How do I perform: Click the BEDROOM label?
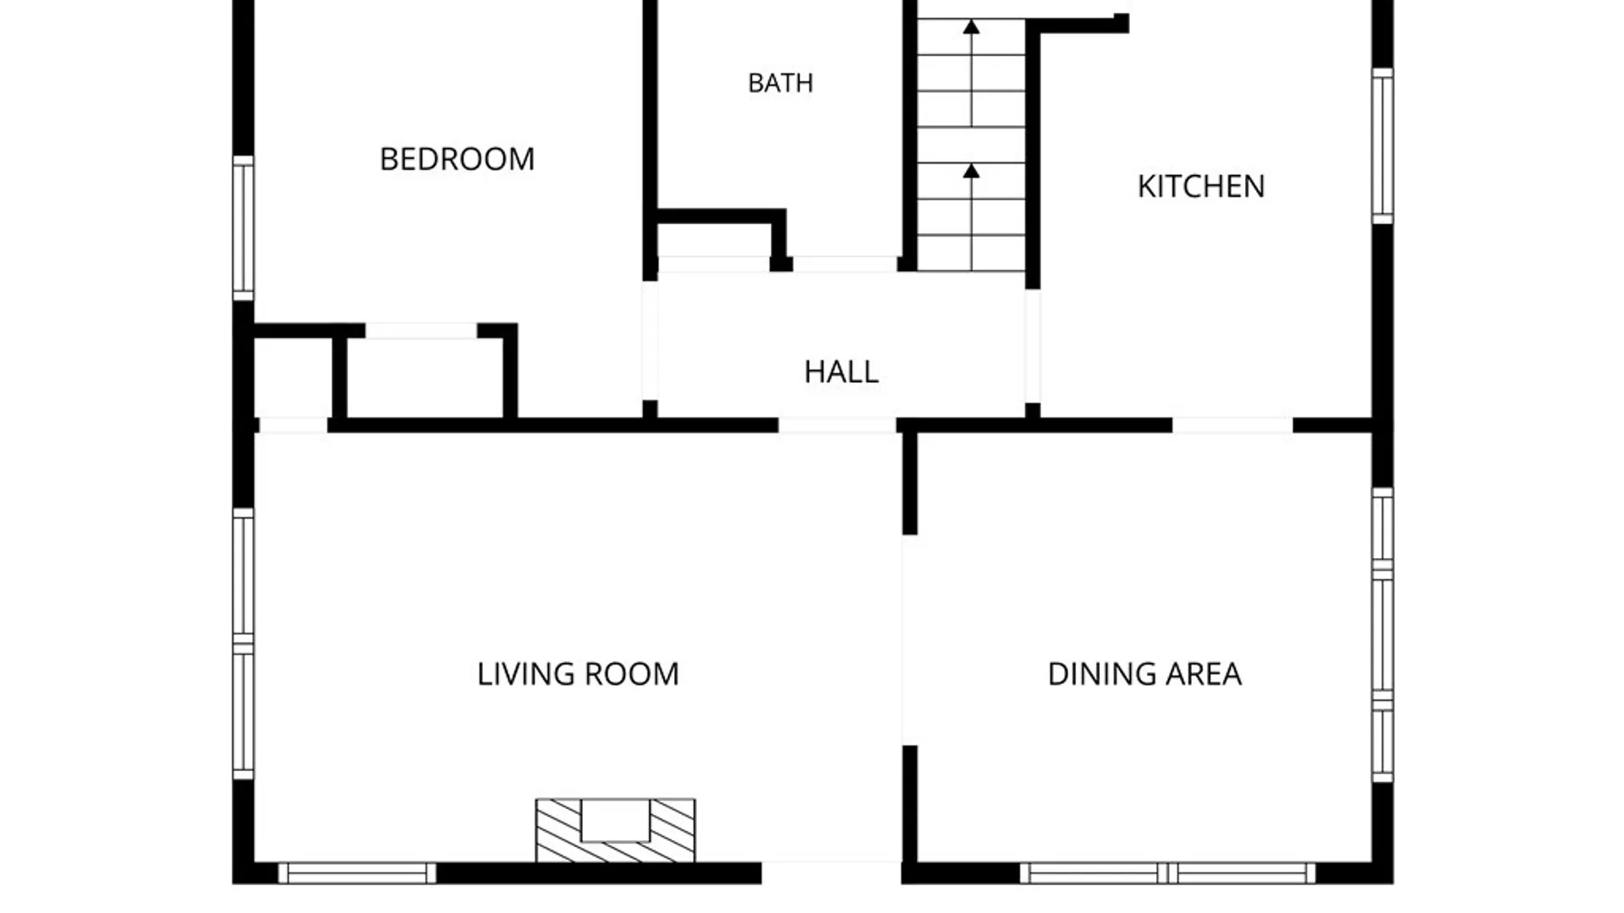tap(457, 159)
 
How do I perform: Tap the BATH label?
tap(781, 83)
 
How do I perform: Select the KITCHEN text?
tap(1201, 186)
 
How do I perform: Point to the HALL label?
tap(842, 372)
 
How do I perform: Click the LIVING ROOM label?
tap(578, 674)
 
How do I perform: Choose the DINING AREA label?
tap(1144, 674)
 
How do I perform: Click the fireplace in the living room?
tap(616, 830)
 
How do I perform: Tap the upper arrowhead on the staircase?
tap(971, 27)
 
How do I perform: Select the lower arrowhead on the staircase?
tap(971, 172)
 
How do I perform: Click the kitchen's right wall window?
tap(1382, 146)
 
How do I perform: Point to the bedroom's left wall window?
tap(244, 227)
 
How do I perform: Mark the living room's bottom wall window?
tap(357, 873)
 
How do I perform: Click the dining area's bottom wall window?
tap(1168, 873)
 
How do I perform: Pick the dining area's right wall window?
tap(1382, 635)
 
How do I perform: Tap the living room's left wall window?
tap(244, 643)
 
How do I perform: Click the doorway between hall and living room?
tap(837, 425)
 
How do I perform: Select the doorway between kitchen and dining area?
tap(1232, 425)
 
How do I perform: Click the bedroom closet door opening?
tap(421, 331)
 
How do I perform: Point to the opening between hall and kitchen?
tap(1033, 347)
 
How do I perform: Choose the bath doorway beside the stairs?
tap(845, 264)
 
